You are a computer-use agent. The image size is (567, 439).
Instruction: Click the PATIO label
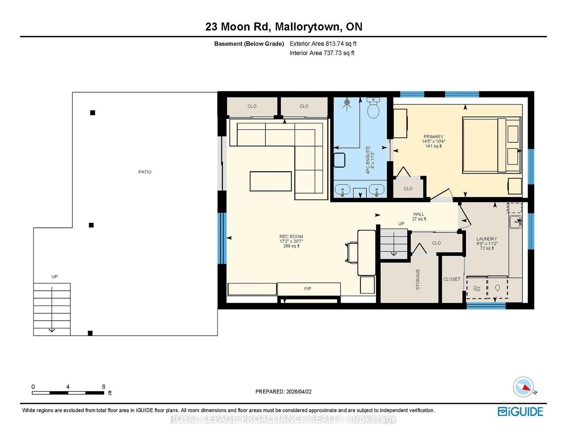145,172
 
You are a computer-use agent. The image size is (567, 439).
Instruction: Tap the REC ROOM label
291,236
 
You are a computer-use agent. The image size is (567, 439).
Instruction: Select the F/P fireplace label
308,289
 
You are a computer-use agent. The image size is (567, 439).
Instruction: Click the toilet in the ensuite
373,108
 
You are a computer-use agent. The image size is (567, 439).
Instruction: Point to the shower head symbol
347,103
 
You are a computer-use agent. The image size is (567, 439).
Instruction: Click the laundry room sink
515,222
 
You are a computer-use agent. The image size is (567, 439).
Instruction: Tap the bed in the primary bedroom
492,145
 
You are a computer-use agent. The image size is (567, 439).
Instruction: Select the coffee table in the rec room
271,181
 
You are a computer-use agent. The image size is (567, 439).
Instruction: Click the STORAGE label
418,279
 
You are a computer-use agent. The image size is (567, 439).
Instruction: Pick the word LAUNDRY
487,239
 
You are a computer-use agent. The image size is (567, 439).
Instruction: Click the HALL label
419,214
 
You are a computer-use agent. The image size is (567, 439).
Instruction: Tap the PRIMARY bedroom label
433,137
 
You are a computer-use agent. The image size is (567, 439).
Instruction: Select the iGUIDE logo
520,412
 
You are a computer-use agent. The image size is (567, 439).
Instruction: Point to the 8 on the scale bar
103,387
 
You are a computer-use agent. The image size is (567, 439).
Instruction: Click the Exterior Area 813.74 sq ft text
323,44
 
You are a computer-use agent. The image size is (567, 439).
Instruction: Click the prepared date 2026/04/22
299,392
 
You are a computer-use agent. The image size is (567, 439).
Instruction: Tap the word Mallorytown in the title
307,27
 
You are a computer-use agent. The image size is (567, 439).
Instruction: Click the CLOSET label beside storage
452,279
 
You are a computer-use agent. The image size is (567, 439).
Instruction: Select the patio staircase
52,309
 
